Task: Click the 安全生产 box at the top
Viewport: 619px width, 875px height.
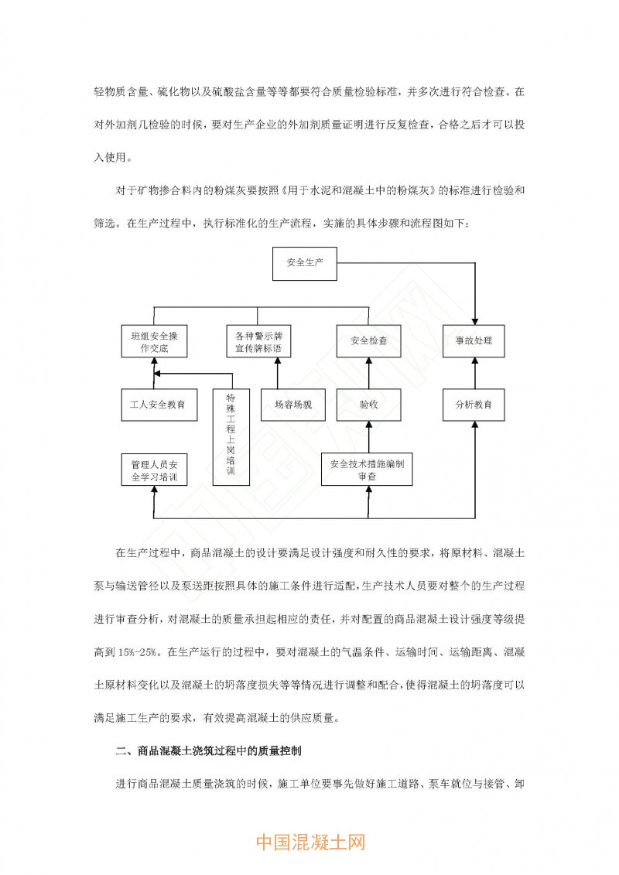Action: coord(305,263)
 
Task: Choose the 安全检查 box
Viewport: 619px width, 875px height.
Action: coord(368,340)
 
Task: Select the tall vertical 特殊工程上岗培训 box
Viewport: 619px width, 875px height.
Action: coord(230,436)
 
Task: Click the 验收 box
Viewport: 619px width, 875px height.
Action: coord(368,404)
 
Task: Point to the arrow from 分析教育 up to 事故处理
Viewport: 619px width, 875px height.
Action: coord(474,372)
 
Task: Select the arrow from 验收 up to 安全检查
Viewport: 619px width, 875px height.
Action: coord(368,372)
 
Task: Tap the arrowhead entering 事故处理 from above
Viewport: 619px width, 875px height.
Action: coord(474,320)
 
